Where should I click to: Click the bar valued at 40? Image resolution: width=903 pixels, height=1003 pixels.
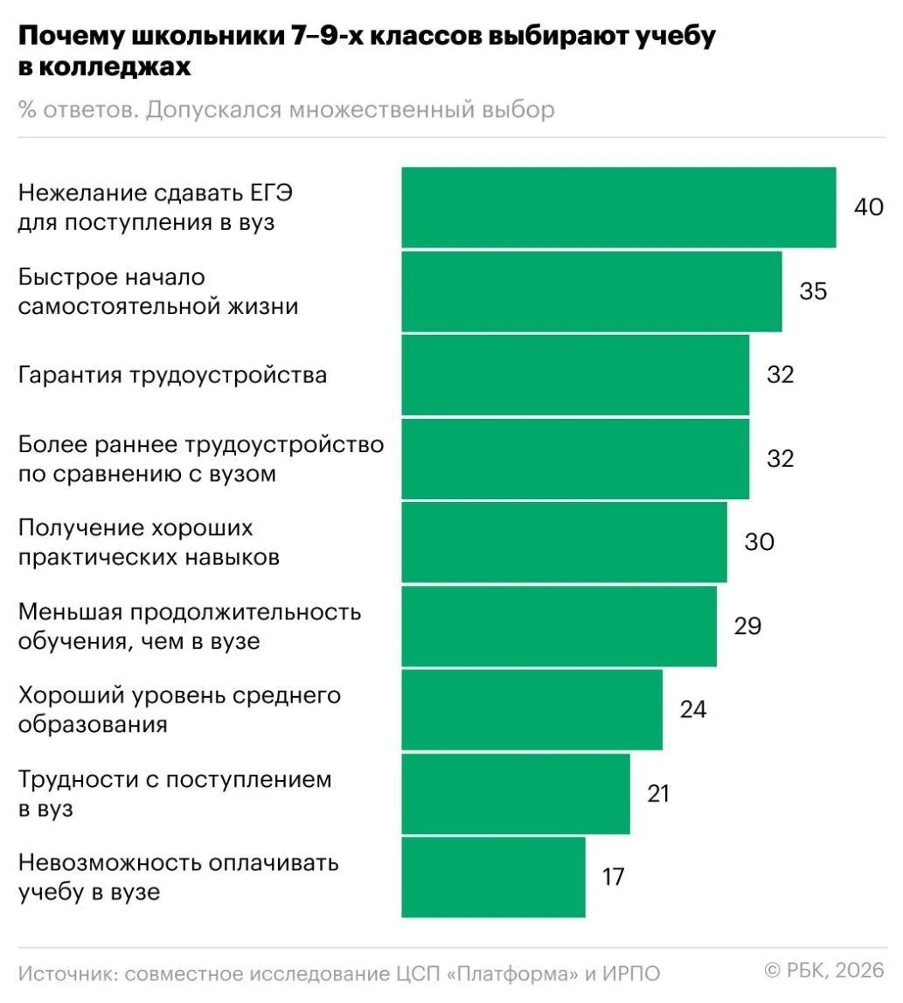pos(618,207)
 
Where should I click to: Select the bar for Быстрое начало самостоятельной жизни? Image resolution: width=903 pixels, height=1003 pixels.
pos(591,291)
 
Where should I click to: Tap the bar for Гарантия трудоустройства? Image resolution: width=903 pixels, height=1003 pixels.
pos(574,375)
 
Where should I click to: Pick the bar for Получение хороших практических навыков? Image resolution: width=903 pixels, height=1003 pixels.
pos(564,542)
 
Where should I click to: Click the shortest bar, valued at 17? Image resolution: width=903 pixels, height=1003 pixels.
pos(493,877)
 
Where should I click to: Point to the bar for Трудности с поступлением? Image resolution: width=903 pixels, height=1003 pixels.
pos(516,793)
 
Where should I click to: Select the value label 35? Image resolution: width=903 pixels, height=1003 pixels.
pos(813,291)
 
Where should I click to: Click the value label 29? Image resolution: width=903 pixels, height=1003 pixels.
pos(747,626)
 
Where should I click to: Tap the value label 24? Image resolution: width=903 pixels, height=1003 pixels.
pos(692,709)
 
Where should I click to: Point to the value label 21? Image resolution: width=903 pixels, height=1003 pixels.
pos(658,793)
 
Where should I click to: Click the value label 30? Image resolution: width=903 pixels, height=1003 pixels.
pos(759,542)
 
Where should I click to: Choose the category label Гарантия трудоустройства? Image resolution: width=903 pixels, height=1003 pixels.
pos(173,375)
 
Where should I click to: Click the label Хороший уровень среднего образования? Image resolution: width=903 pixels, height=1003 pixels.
pos(179,710)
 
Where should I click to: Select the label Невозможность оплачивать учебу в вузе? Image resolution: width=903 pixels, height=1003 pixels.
pos(178,877)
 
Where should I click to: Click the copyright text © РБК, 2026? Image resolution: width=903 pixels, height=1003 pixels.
pos(825,970)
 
